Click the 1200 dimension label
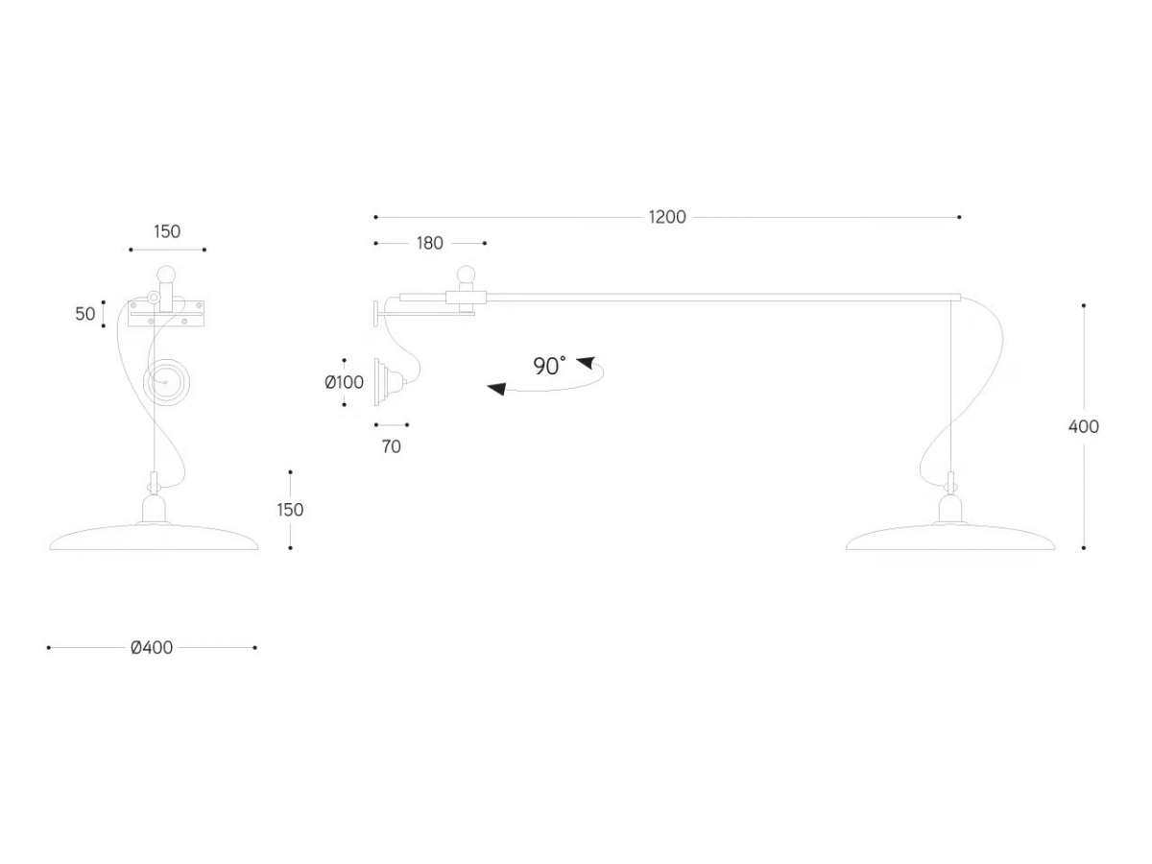(x=667, y=217)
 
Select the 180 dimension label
(x=430, y=244)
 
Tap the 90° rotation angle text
(x=549, y=366)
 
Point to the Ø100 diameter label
(x=345, y=382)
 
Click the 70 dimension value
(x=392, y=446)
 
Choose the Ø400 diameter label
(x=152, y=648)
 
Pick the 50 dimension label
(x=85, y=314)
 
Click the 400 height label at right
(x=1083, y=426)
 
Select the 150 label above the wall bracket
(x=167, y=232)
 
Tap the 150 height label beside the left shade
(x=290, y=510)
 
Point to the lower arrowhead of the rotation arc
(x=496, y=389)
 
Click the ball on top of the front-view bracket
(x=167, y=274)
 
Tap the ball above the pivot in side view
(x=466, y=275)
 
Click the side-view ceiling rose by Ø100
(x=389, y=382)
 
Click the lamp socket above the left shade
(x=154, y=508)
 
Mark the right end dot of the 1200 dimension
(x=959, y=217)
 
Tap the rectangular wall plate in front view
(x=166, y=314)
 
